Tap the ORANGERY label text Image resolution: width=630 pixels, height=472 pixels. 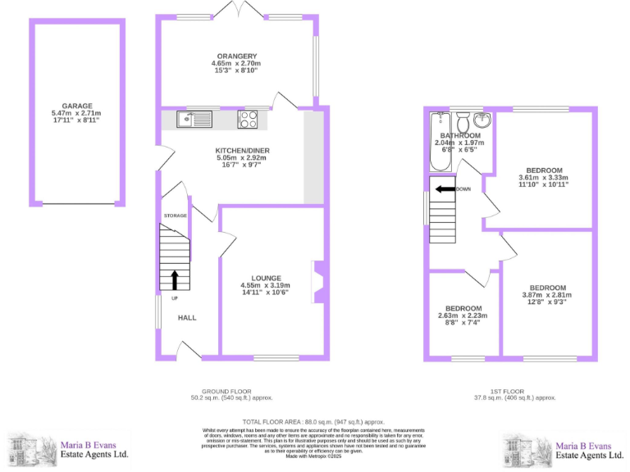click(x=236, y=56)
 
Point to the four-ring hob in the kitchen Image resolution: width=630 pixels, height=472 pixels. click(x=249, y=120)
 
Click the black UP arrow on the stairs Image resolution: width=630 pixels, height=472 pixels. click(x=175, y=279)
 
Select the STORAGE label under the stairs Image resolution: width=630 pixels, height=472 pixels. click(x=175, y=216)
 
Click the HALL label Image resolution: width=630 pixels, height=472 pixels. click(x=187, y=318)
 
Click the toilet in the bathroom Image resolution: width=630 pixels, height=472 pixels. click(x=463, y=122)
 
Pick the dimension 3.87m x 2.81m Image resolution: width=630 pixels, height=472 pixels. click(x=546, y=295)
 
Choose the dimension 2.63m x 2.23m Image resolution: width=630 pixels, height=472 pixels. click(x=463, y=315)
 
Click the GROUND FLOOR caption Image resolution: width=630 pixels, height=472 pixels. click(x=226, y=391)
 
